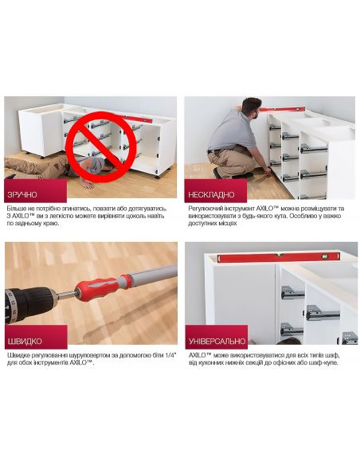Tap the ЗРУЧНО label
[22, 194]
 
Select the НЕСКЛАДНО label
[211, 194]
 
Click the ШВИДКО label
[24, 341]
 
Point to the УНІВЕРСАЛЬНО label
[217, 341]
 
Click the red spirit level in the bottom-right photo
[278, 257]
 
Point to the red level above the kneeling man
[282, 109]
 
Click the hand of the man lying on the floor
[88, 185]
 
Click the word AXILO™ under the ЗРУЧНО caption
[23, 216]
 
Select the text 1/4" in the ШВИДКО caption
[170, 355]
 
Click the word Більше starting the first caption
[16, 209]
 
